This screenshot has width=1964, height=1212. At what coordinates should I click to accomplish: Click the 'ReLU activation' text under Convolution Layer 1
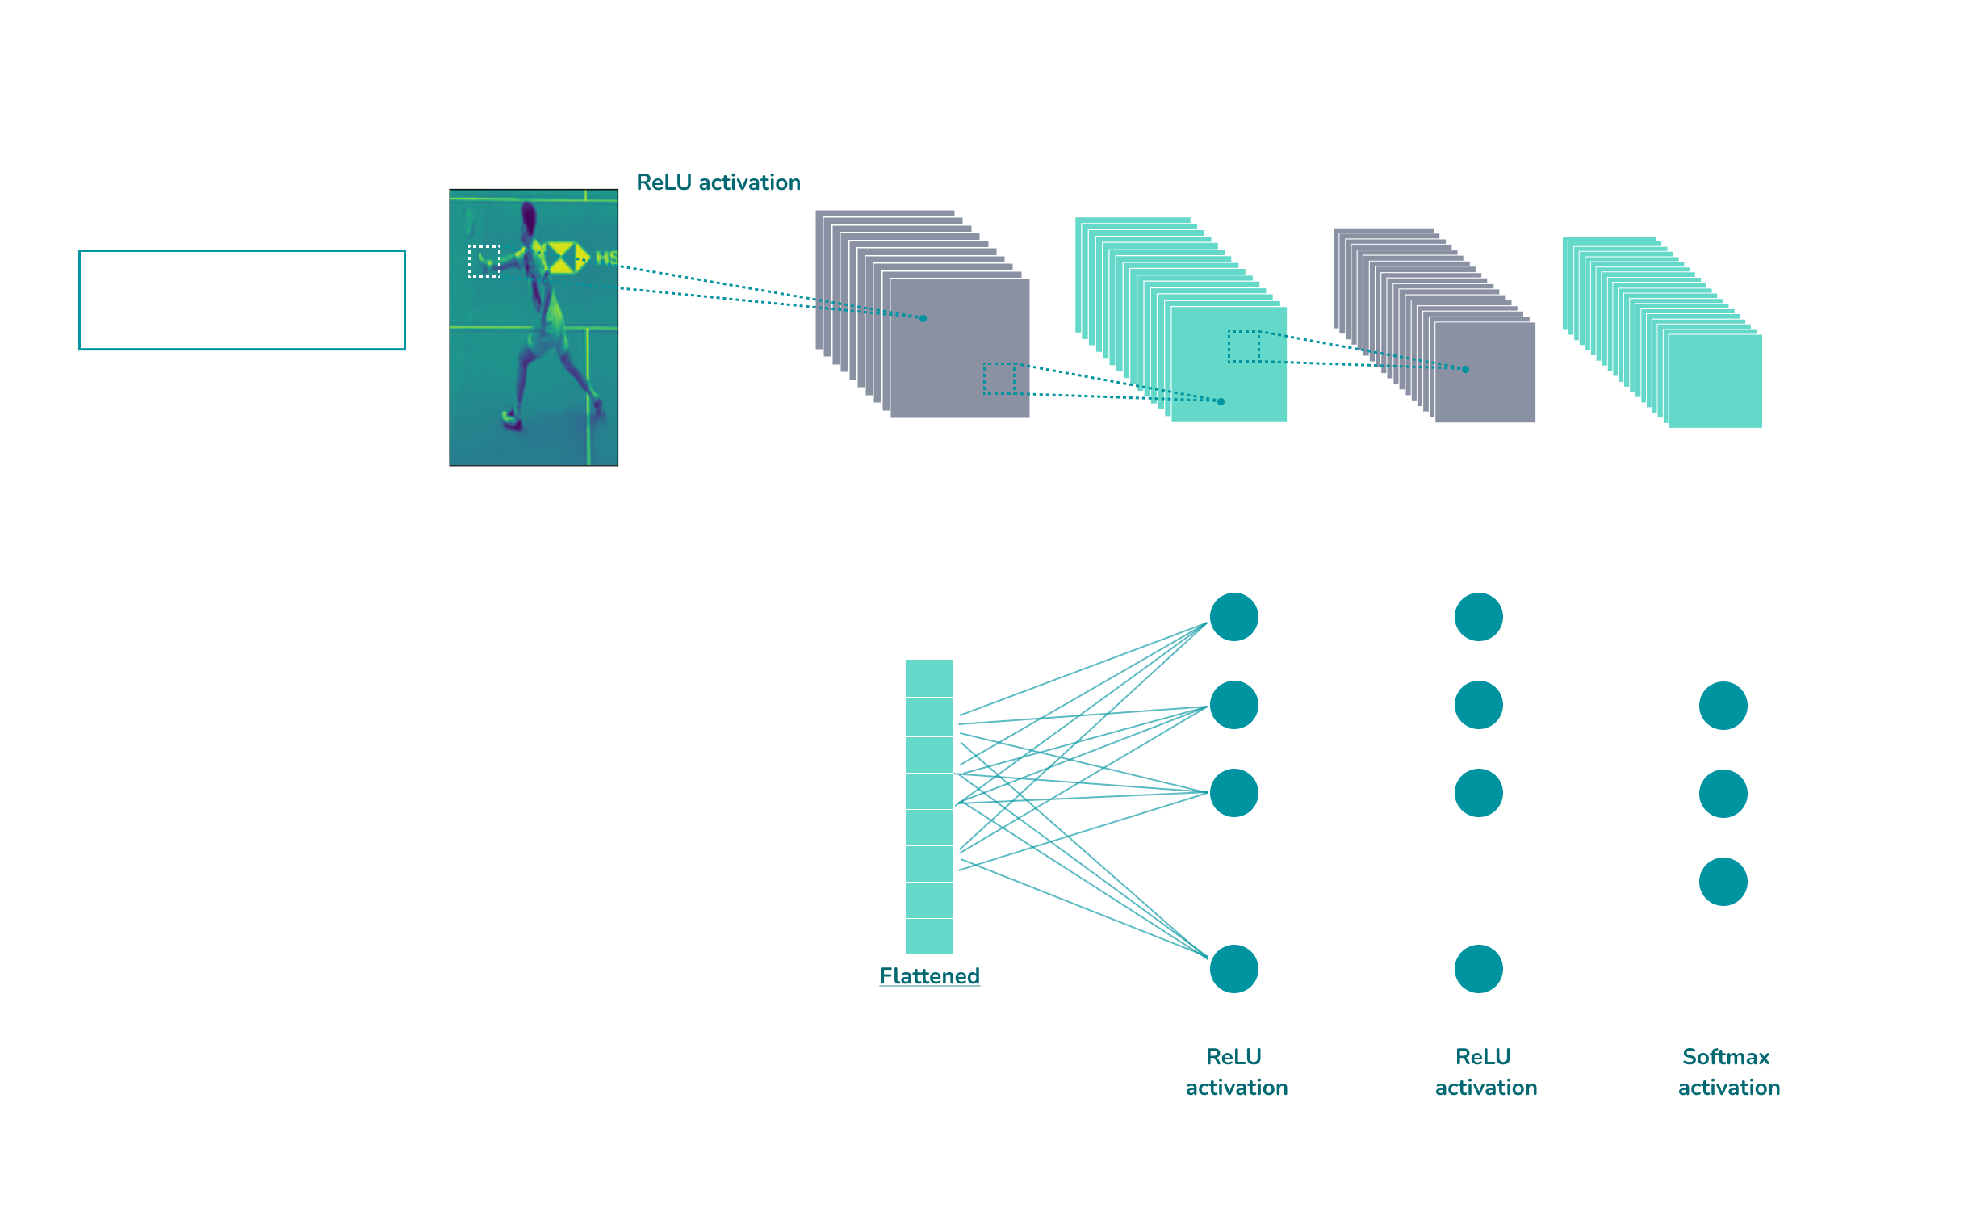point(718,182)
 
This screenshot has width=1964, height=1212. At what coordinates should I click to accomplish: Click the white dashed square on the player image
point(484,262)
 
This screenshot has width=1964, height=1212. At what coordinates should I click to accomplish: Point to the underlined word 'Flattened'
point(929,976)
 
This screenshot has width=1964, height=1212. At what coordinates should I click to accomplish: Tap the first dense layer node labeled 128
point(1233,968)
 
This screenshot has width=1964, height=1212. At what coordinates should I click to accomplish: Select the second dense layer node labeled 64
point(1478,968)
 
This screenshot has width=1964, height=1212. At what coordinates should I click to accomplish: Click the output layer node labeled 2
point(1723,881)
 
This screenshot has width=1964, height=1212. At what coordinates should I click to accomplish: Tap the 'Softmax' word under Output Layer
point(1726,1057)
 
